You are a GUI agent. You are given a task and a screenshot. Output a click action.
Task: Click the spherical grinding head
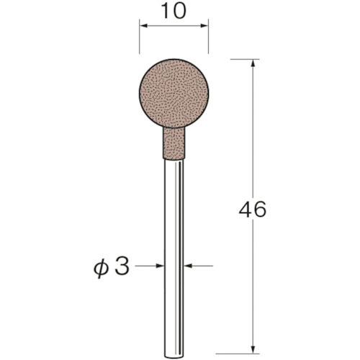[174, 93]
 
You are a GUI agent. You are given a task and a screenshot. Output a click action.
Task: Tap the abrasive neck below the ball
[174, 143]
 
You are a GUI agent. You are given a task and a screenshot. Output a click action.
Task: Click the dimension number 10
[174, 12]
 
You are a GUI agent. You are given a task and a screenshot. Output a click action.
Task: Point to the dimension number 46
[253, 209]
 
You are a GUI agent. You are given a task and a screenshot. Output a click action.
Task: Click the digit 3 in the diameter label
[122, 267]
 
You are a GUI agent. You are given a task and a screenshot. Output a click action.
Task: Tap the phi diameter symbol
[101, 269]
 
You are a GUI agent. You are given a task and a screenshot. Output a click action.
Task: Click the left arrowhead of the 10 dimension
[143, 25]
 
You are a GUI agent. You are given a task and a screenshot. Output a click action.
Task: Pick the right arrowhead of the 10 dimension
[204, 25]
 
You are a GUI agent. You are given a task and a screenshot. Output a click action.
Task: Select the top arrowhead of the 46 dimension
[253, 63]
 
